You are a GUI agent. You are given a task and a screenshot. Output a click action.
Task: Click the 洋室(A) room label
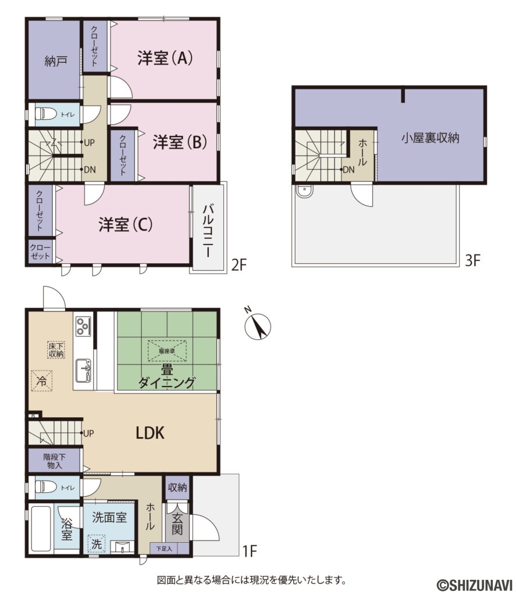pyautogui.click(x=165, y=58)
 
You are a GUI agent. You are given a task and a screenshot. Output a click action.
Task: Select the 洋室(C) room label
pyautogui.click(x=125, y=225)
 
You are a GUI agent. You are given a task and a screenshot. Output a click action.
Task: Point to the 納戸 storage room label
pyautogui.click(x=55, y=61)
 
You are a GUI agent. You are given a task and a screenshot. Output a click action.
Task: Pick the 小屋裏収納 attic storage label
pyautogui.click(x=430, y=138)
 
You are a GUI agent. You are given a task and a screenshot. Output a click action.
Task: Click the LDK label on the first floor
pyautogui.click(x=151, y=433)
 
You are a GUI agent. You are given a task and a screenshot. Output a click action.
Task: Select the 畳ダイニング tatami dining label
pyautogui.click(x=166, y=376)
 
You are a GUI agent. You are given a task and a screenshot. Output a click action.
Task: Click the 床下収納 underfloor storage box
pyautogui.click(x=56, y=350)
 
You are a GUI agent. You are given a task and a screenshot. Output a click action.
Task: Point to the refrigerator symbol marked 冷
pyautogui.click(x=42, y=381)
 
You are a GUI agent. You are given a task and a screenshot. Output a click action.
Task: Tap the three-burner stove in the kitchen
pyautogui.click(x=82, y=325)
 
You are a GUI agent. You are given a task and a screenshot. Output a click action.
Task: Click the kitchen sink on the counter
pyautogui.click(x=84, y=370)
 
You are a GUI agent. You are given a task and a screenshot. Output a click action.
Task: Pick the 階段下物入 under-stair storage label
pyautogui.click(x=55, y=461)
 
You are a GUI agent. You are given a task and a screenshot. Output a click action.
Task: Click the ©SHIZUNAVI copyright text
pyautogui.click(x=474, y=583)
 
